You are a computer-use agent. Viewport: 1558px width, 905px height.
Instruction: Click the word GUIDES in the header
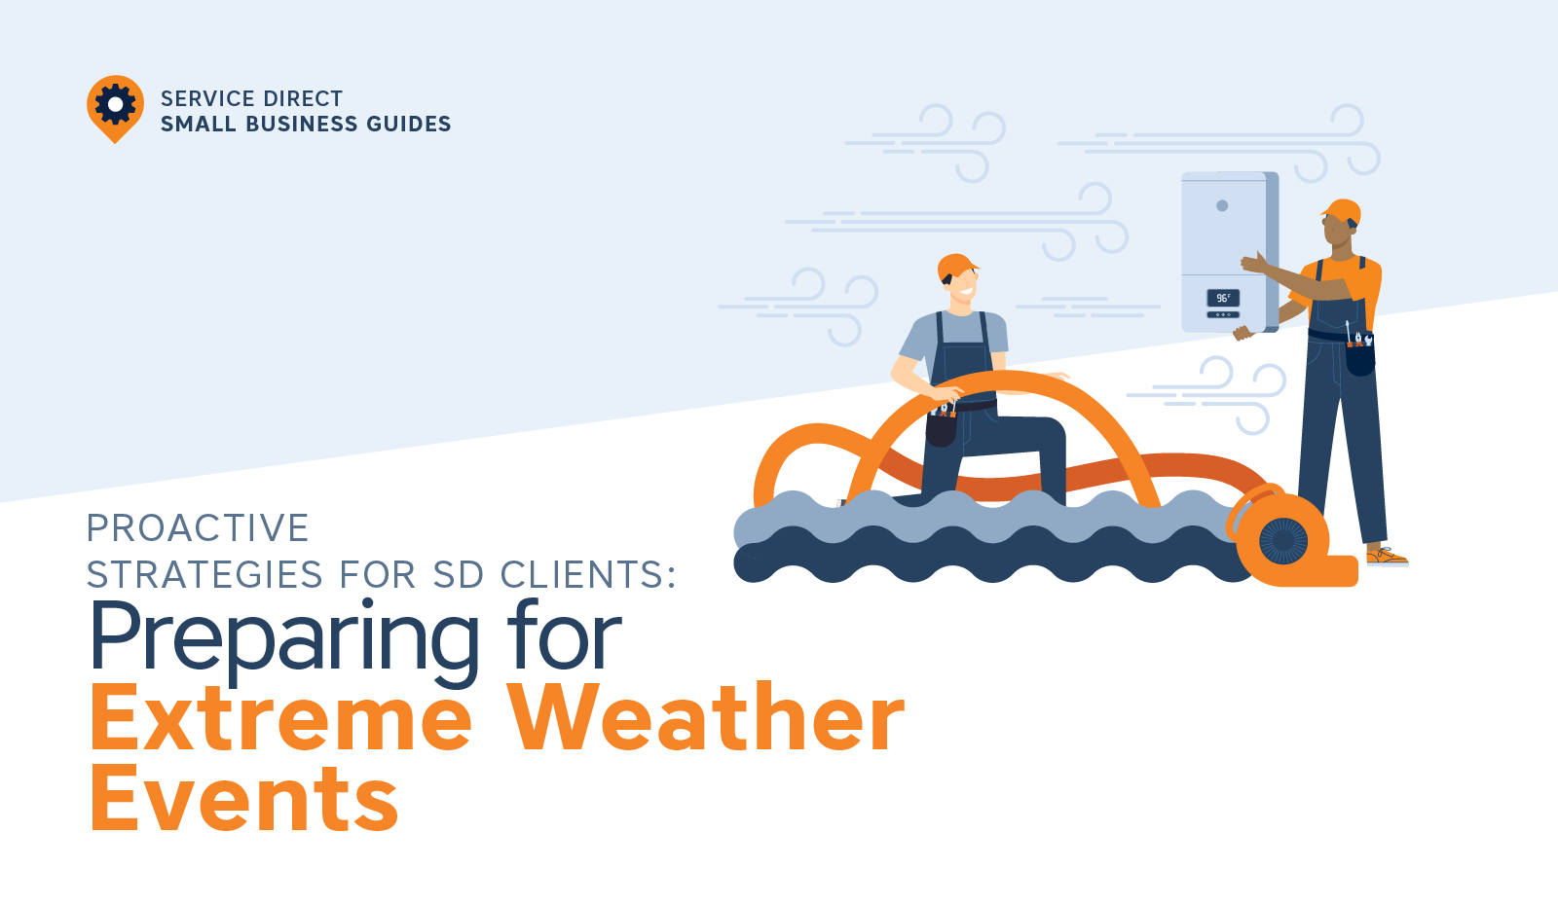pos(409,124)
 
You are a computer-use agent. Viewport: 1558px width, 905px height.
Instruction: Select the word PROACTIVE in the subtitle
pos(198,527)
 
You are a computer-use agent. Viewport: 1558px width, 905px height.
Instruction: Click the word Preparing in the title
pos(284,638)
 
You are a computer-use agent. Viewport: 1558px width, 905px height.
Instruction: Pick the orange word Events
pos(244,797)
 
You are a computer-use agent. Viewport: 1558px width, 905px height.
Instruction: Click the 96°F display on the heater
pos(1223,298)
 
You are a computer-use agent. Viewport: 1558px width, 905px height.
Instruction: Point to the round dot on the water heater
pos(1222,205)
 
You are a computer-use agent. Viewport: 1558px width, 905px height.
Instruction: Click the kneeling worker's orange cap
pos(956,267)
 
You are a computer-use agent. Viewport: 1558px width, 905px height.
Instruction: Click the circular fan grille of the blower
pos(1283,541)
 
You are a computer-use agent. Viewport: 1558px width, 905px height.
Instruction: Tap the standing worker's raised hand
pos(1253,262)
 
